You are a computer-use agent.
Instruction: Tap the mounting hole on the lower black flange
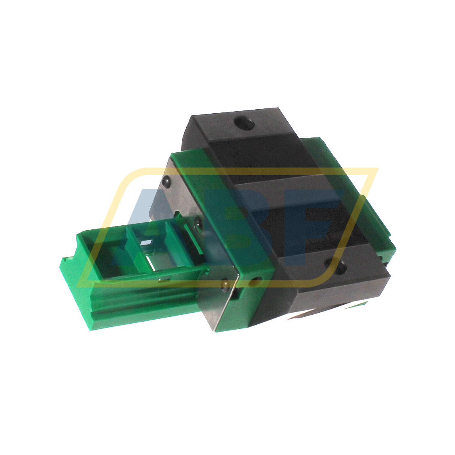(x=341, y=267)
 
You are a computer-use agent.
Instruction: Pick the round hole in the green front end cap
(x=256, y=281)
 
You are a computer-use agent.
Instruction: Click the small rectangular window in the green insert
(x=146, y=243)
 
